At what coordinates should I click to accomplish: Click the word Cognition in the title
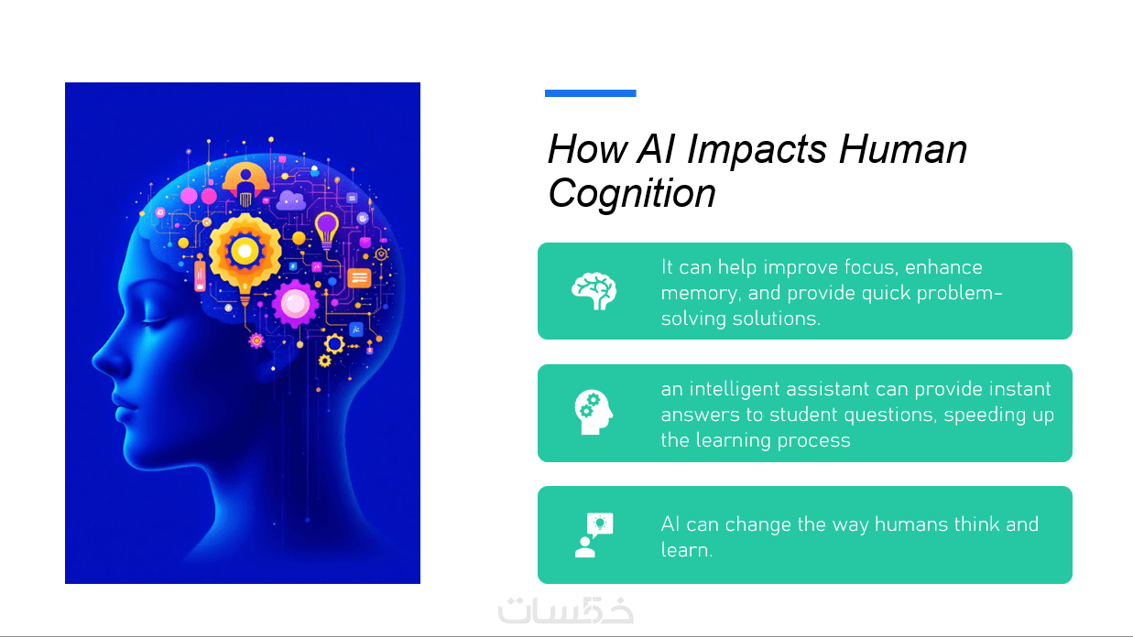[632, 194]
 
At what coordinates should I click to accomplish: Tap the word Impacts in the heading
[757, 149]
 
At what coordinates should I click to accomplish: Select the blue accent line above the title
[590, 93]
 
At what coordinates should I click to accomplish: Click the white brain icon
[594, 291]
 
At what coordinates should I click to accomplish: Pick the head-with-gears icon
[594, 412]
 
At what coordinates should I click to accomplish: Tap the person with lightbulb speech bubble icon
[594, 534]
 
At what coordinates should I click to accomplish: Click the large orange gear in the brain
[245, 252]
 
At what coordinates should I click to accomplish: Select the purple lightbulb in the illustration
[327, 230]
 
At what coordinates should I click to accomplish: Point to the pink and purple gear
[296, 304]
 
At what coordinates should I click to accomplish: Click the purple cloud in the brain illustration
[291, 200]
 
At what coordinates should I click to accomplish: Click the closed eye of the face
[156, 320]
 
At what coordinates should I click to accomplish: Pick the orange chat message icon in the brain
[359, 277]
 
